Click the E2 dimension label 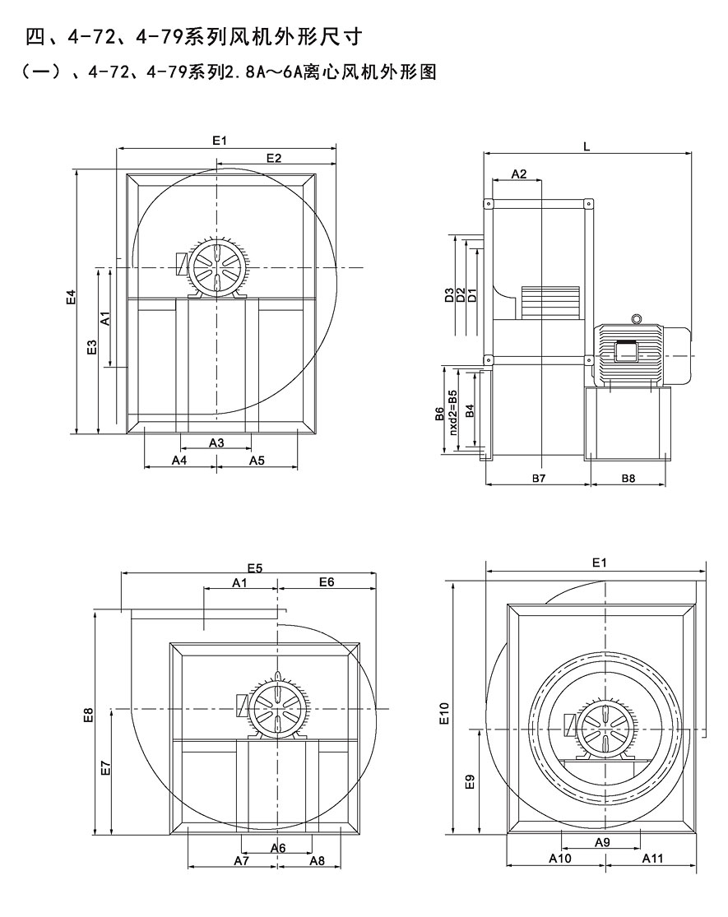point(275,158)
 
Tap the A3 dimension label point(216,442)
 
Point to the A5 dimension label point(257,461)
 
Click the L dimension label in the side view point(587,146)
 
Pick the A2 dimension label point(518,174)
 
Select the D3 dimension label point(449,295)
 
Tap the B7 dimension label point(539,478)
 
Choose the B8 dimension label point(628,478)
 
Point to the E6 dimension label point(327,582)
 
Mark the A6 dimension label point(277,847)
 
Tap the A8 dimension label point(317,860)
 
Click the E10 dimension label point(445,712)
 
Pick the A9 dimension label point(601,842)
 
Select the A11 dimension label point(652,859)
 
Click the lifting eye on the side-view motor point(636,319)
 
